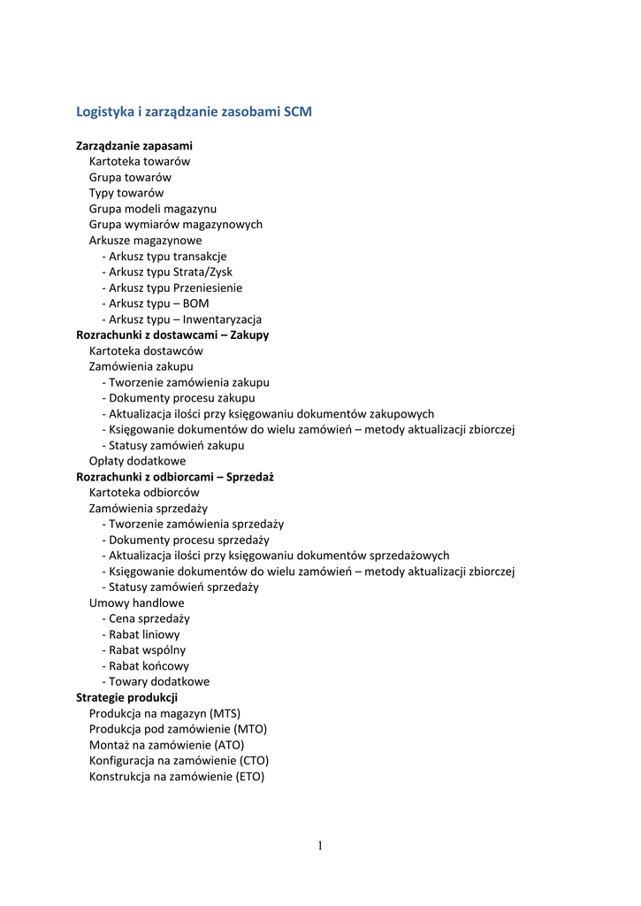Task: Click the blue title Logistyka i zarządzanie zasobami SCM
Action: click(194, 112)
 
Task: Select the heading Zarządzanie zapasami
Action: click(134, 145)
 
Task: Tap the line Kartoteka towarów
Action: click(140, 161)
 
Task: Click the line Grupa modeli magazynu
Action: click(153, 209)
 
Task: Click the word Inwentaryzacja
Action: click(222, 320)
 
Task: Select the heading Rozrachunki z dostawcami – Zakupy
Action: click(172, 335)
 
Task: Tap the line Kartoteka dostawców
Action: click(146, 351)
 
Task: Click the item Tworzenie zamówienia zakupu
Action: click(189, 383)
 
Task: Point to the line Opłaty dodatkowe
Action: click(137, 462)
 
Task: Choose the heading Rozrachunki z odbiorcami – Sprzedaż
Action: click(175, 477)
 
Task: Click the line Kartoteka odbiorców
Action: click(144, 493)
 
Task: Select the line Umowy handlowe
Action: click(137, 603)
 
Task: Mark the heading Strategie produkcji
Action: click(127, 698)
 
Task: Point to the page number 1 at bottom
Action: click(320, 846)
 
